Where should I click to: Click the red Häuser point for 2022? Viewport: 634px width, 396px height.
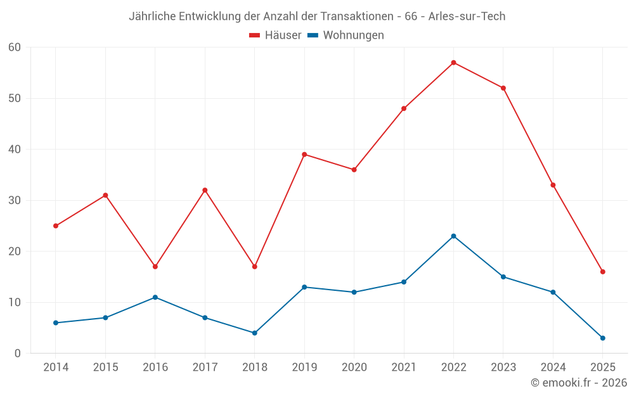click(x=453, y=63)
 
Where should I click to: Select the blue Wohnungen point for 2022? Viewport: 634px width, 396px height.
click(x=453, y=236)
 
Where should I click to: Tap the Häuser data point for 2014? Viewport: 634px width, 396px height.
click(x=56, y=226)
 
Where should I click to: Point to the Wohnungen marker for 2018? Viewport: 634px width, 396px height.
click(x=255, y=333)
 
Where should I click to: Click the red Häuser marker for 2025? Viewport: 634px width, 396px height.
click(x=602, y=272)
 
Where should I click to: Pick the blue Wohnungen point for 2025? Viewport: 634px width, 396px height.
click(x=602, y=338)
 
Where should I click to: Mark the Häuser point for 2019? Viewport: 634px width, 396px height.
click(x=304, y=155)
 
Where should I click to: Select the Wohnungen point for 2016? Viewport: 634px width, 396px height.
click(x=155, y=297)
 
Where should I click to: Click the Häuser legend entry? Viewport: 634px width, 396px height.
click(x=275, y=35)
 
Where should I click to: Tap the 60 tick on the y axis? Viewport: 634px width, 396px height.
click(x=15, y=48)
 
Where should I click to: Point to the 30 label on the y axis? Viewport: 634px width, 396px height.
click(x=15, y=200)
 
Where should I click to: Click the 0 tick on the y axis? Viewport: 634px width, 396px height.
click(x=18, y=354)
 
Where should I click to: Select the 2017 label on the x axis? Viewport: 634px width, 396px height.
click(x=205, y=367)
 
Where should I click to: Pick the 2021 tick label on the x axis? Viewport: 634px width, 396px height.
click(x=404, y=367)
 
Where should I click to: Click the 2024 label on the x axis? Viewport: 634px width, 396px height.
click(x=553, y=367)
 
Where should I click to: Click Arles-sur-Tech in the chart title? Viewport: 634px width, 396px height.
click(x=467, y=16)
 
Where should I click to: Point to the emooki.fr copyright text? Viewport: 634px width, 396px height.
click(x=578, y=383)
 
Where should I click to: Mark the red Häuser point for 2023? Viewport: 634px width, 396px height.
click(x=503, y=88)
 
